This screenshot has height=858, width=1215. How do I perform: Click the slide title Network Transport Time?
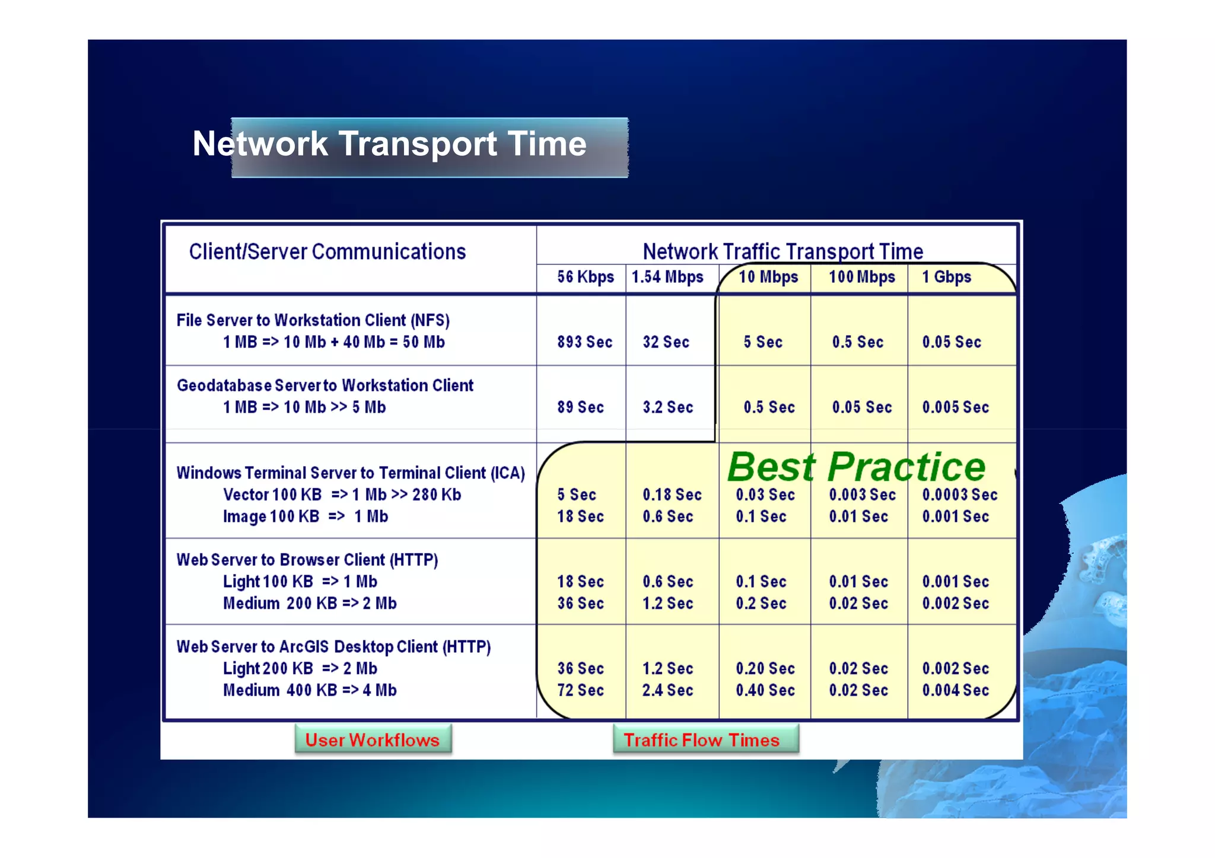[390, 144]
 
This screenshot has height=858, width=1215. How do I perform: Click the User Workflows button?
[373, 739]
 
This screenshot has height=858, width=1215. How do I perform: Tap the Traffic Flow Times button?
[702, 739]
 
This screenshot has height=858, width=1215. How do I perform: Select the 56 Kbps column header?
[585, 278]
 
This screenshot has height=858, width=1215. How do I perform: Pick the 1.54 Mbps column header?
[667, 278]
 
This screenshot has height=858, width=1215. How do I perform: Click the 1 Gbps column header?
[946, 278]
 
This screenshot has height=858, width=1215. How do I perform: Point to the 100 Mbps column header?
[861, 278]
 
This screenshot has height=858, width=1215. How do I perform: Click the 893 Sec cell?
[584, 342]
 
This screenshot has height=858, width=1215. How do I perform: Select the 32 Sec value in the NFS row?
[666, 342]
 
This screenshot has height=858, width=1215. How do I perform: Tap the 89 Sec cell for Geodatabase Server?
[580, 407]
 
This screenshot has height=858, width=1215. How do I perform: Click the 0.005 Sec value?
[955, 407]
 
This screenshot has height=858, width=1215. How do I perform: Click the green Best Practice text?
[856, 467]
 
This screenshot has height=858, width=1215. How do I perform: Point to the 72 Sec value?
[580, 690]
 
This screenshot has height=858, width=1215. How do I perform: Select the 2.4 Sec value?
[667, 690]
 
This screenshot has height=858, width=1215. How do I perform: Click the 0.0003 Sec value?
[959, 495]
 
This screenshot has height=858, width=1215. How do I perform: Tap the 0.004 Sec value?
[955, 690]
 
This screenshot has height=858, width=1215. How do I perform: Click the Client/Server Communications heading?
[327, 252]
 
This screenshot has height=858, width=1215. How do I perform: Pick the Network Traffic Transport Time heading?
[783, 252]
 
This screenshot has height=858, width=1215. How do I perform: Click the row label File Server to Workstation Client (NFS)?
[313, 320]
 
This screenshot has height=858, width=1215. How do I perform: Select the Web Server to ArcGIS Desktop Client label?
[333, 646]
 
